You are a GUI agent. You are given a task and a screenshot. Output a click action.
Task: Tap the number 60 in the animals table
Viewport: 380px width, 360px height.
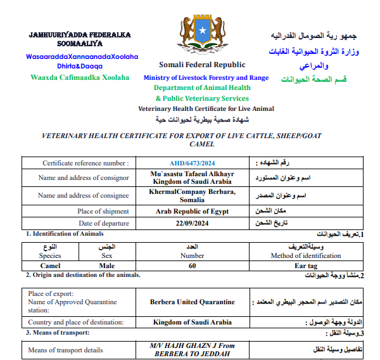pyautogui.click(x=193, y=266)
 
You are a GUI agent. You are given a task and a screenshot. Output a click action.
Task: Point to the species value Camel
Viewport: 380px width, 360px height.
pyautogui.click(x=50, y=266)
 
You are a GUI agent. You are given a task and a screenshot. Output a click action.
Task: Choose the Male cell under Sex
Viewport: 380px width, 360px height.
pyautogui.click(x=107, y=266)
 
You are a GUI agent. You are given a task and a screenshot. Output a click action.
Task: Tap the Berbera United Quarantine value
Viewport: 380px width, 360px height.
pyautogui.click(x=193, y=302)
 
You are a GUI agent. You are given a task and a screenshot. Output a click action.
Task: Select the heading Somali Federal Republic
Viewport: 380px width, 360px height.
pyautogui.click(x=202, y=65)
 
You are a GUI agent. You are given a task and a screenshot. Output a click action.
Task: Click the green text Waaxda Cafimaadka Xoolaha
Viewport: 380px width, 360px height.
pyautogui.click(x=80, y=77)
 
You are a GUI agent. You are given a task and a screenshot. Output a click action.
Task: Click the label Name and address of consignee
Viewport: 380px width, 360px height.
pyautogui.click(x=84, y=195)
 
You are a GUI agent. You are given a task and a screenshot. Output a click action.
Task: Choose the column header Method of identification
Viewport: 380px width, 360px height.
pyautogui.click(x=306, y=255)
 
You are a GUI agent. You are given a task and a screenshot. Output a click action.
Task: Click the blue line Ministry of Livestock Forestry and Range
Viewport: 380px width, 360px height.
pyautogui.click(x=206, y=78)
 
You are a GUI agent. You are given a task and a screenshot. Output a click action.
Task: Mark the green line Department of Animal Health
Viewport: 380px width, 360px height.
pyautogui.click(x=202, y=88)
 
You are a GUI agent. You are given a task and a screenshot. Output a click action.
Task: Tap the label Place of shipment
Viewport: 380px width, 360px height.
pyautogui.click(x=103, y=211)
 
